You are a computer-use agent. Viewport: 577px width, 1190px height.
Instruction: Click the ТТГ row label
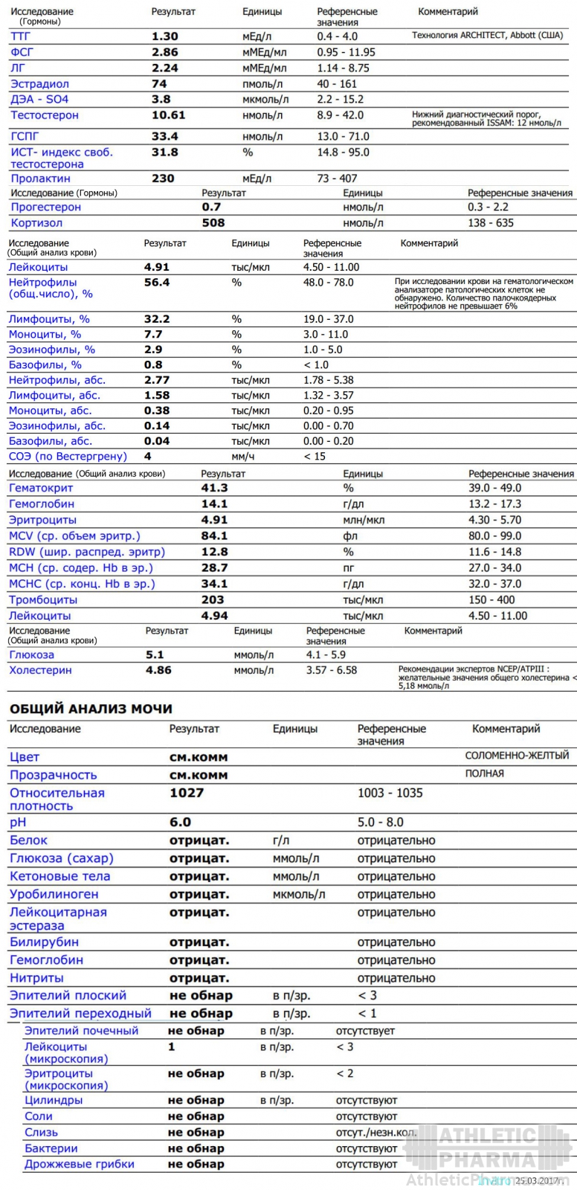coord(21,36)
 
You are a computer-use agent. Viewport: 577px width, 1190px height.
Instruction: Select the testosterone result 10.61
coord(168,115)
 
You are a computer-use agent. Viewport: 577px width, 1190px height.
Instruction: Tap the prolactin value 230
coord(163,178)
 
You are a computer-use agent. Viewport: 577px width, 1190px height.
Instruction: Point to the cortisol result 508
coord(213,223)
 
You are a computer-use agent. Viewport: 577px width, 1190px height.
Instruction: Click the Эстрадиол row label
coord(39,84)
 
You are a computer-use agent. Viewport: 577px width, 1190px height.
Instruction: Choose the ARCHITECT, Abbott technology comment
coord(487,36)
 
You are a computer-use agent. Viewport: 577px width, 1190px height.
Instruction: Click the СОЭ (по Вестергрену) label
coord(68,457)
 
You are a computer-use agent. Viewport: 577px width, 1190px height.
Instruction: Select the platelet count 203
coord(213,600)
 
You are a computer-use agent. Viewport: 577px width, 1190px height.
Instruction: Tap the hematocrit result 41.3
coord(214,489)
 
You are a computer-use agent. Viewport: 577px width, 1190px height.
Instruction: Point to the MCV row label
coord(74,536)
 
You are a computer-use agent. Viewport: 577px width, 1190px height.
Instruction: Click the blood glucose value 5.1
coord(155,655)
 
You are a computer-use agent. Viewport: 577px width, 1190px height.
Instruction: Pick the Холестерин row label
coord(40,670)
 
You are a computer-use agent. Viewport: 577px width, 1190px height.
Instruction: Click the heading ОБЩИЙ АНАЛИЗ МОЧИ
coord(91,709)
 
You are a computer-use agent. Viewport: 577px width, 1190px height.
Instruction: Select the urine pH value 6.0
coord(180,823)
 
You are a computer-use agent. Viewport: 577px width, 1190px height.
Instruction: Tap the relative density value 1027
coord(186,793)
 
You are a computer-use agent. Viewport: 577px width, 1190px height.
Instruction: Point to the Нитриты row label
coord(36,978)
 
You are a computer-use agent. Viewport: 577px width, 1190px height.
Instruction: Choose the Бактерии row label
coord(51,1148)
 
